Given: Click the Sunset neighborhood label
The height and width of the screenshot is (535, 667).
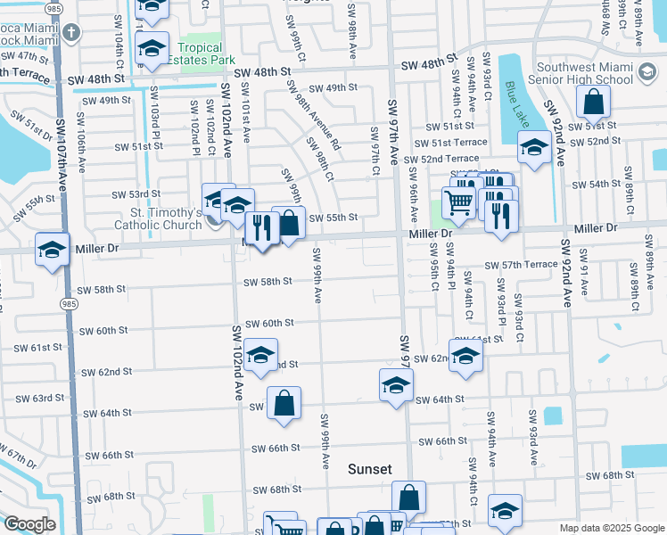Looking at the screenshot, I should (369, 469).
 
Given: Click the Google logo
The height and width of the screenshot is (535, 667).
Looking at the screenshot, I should (30, 524).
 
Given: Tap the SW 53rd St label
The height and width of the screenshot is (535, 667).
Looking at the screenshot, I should (136, 193).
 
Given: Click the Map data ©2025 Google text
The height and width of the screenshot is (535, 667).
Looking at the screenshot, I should (610, 528).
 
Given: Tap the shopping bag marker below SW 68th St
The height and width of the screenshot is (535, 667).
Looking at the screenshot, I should (408, 498).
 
